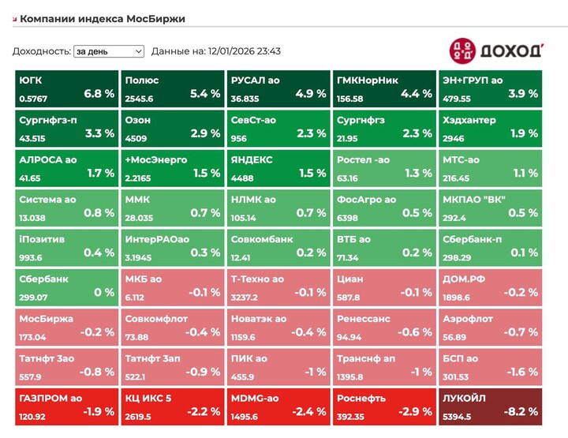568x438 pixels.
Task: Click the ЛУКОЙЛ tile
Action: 488,406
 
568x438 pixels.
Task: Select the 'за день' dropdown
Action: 109,51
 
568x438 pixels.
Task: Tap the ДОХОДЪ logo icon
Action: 463,51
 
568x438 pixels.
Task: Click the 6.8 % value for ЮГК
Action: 99,93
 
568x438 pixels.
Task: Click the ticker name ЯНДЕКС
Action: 252,159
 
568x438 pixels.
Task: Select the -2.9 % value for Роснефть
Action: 416,412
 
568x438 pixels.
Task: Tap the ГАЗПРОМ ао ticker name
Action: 50,399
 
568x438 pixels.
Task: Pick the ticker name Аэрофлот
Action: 468,319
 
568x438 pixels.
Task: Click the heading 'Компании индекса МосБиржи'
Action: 103,18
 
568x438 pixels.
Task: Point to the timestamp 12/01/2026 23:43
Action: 245,51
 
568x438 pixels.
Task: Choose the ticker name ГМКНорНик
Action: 368,80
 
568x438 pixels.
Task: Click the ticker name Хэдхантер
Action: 469,120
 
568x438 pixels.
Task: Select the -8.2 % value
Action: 521,412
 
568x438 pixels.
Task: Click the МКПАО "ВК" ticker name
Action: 473,200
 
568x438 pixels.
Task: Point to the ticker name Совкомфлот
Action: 156,319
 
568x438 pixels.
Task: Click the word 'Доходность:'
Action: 40,51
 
